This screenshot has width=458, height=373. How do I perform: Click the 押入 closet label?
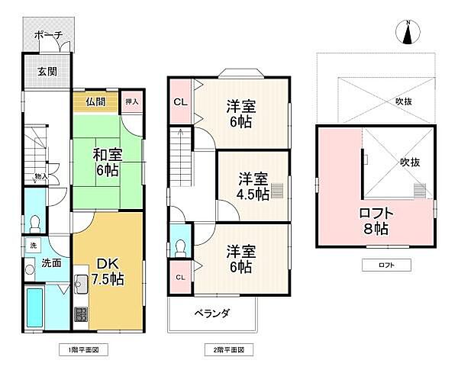pos(131,101)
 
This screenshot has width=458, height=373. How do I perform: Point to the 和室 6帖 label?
pos(106,162)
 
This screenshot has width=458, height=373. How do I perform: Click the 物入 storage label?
pos(41,177)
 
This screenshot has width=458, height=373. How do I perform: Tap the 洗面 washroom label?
pos(50,263)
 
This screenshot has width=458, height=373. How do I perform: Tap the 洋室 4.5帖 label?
pos(252,186)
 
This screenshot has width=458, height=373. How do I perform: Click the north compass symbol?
pos(409,33)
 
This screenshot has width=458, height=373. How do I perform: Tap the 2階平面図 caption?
pos(228,350)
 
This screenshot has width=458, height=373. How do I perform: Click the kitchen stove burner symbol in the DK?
pos(80,313)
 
